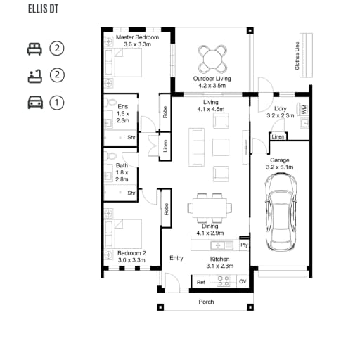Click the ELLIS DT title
pos(43,9)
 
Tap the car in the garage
pos(281,212)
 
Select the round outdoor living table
pos(212,59)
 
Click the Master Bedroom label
pos(137,37)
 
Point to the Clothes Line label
pos(297,56)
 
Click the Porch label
pos(206,302)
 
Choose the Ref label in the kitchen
pos(201,282)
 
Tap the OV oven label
pos(243,281)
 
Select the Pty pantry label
pos(244,245)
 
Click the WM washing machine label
pos(304,110)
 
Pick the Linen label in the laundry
pos(278,136)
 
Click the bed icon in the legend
pos(34,49)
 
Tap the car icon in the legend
pos(35,103)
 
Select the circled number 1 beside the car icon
pos(57,103)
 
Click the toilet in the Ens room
pos(111,102)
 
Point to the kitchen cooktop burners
pos(223,281)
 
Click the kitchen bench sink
pos(218,245)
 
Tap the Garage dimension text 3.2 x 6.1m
pos(280,167)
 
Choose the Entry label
pos(176,258)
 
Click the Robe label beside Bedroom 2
pos(167,209)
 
